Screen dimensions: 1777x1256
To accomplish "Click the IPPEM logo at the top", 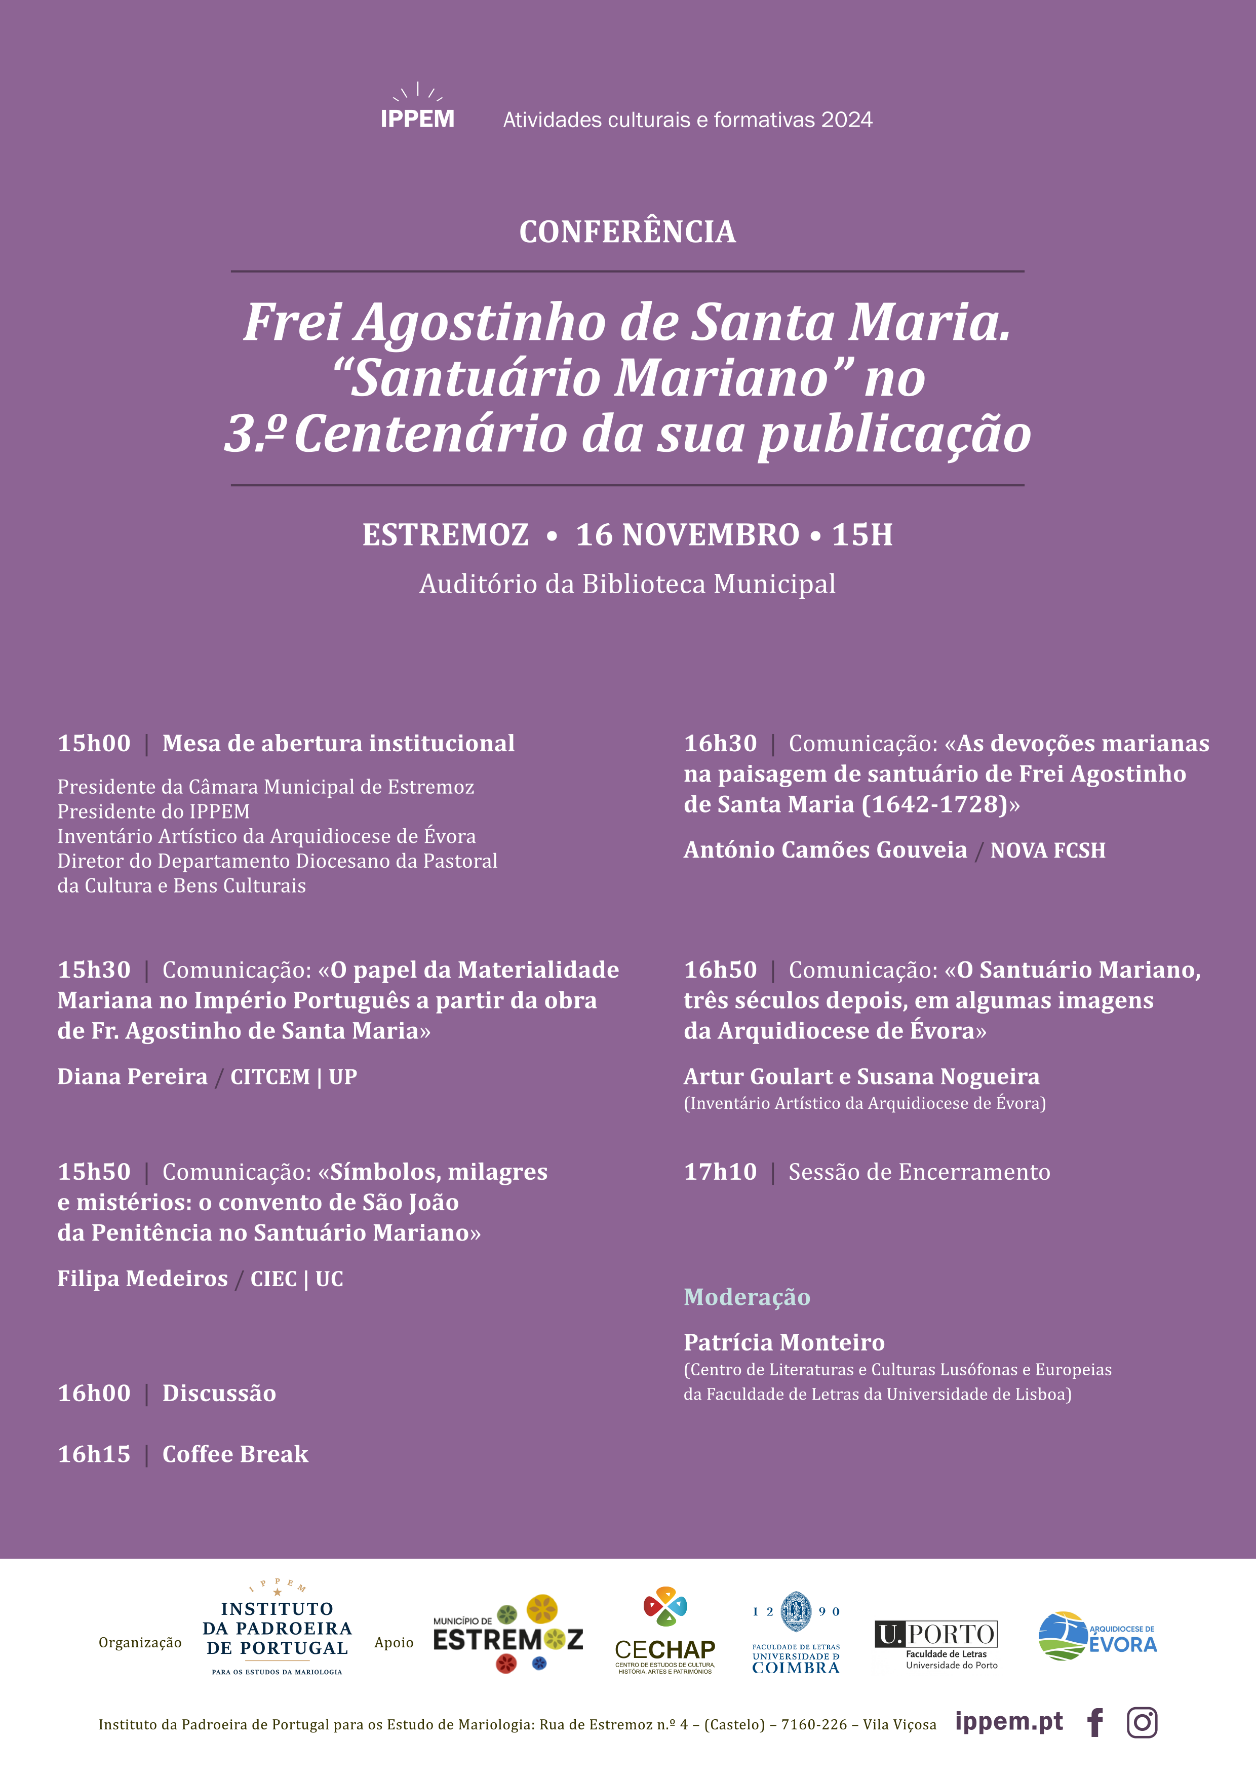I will click(x=417, y=108).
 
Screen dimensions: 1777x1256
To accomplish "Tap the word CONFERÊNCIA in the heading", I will click(x=627, y=232).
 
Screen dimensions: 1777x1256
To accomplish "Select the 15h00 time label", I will click(x=94, y=743).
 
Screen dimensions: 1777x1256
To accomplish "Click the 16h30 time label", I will click(x=720, y=743).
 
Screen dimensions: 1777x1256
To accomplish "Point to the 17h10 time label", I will click(x=720, y=1172).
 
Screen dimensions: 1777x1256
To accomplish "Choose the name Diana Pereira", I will click(x=132, y=1076).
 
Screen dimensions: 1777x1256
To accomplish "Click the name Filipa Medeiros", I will click(x=142, y=1279).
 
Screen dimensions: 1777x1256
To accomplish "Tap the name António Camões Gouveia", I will click(x=825, y=850).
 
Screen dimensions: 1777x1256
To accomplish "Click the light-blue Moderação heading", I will click(x=747, y=1297).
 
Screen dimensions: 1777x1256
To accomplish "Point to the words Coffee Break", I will click(x=235, y=1454).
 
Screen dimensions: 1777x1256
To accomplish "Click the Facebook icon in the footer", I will click(x=1095, y=1723).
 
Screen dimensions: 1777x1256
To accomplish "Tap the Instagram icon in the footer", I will click(x=1142, y=1723).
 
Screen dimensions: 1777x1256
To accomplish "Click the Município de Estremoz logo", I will click(x=507, y=1635).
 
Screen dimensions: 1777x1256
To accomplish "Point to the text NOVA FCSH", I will click(x=1048, y=851).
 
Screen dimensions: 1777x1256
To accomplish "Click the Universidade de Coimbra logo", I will click(x=796, y=1635).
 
